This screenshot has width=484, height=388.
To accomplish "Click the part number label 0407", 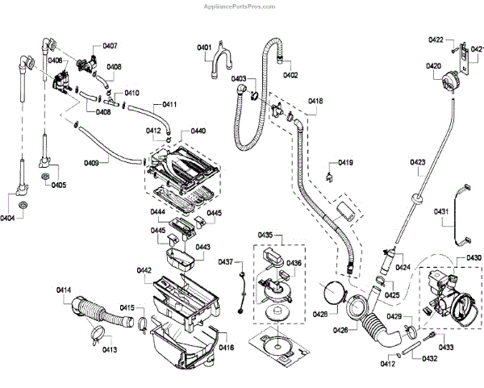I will (110, 45).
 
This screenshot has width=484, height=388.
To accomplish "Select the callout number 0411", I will (169, 105).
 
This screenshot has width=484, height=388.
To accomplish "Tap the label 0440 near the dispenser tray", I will (198, 131).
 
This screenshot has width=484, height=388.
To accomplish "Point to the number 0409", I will (92, 164).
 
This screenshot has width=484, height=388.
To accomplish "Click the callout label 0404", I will (8, 219).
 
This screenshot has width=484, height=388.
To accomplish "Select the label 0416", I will (226, 348).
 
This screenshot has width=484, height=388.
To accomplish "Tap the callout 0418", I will (315, 101).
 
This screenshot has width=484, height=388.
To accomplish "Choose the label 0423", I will (417, 163).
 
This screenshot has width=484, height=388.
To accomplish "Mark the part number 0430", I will (474, 257).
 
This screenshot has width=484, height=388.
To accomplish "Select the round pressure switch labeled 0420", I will (444, 79).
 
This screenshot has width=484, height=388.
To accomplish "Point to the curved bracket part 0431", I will (462, 214).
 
